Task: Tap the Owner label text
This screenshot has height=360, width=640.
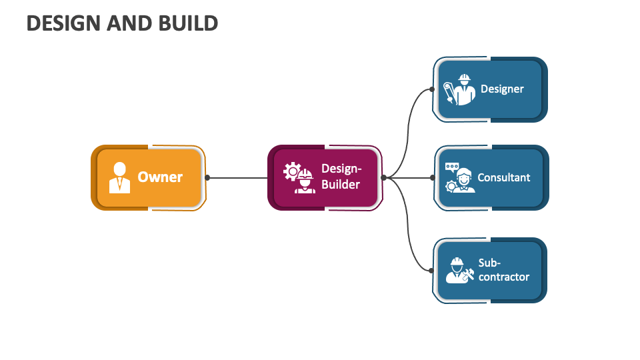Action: (160, 177)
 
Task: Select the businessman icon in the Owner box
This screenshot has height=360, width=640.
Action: (120, 177)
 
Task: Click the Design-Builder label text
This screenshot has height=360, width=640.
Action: (341, 177)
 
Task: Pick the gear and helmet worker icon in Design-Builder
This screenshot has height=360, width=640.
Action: (299, 178)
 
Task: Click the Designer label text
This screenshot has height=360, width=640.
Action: (502, 89)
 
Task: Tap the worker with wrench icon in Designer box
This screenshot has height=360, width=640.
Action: (459, 89)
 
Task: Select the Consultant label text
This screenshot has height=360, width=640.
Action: (504, 177)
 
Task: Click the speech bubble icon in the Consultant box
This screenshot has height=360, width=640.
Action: (453, 166)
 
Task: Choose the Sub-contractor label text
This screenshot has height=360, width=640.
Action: (503, 270)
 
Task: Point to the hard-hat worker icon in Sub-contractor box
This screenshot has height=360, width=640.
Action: (459, 270)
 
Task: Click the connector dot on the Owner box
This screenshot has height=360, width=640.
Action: (207, 177)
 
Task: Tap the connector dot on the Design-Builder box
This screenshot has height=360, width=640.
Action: (383, 177)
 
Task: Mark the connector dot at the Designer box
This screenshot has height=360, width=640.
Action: (432, 89)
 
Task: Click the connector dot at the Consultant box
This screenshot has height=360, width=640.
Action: (432, 177)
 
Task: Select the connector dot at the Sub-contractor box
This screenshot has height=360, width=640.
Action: (432, 270)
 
